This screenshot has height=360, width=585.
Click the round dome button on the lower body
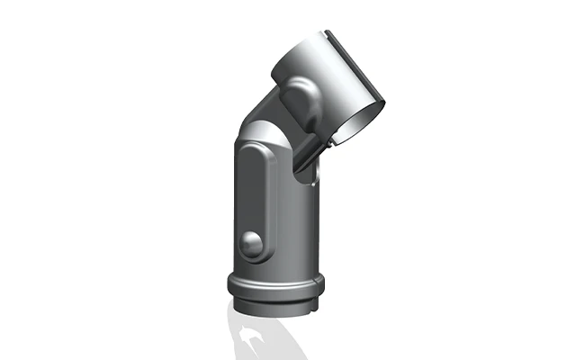coord(251,242)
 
